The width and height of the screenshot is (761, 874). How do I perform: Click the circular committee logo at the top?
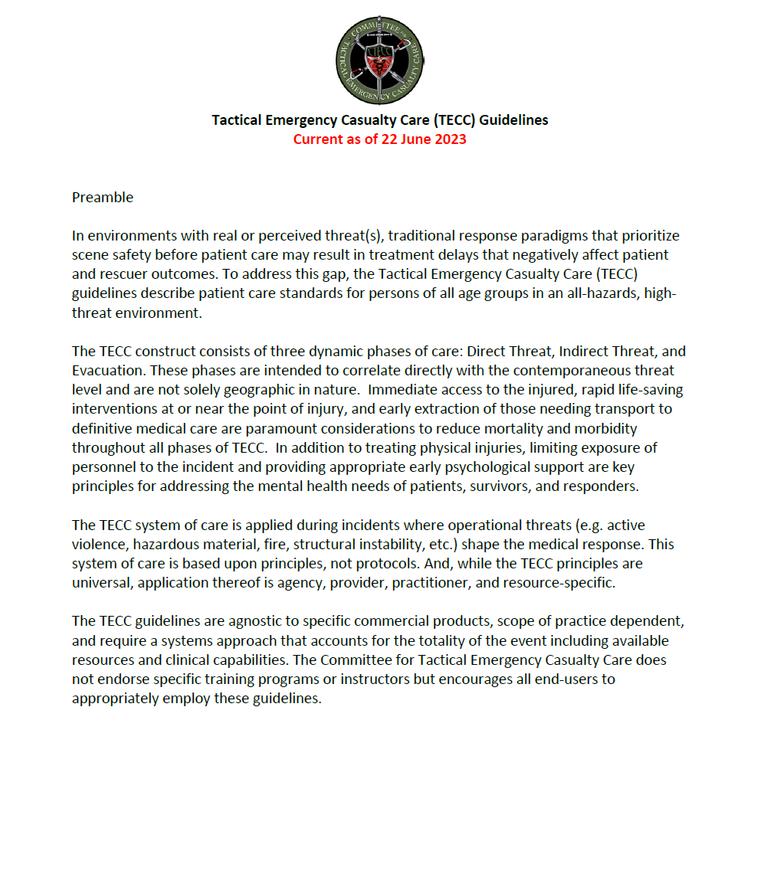[380, 58]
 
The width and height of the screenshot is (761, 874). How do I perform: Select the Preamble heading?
[103, 198]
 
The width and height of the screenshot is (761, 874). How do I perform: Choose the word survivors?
[455, 486]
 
